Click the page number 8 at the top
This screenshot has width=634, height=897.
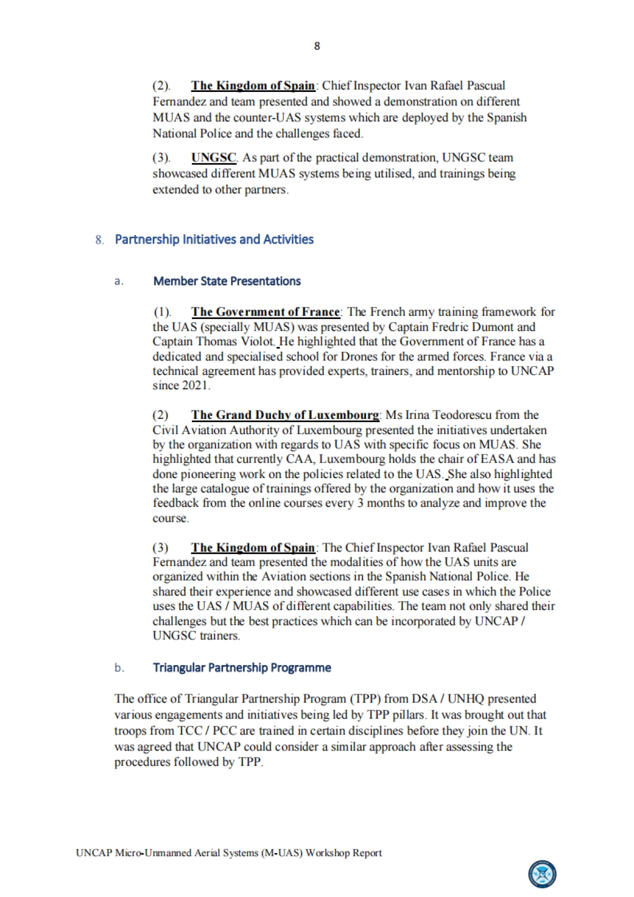[x=317, y=46]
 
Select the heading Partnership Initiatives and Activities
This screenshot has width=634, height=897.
[x=214, y=239]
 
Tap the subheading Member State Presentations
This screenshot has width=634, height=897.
[x=227, y=281]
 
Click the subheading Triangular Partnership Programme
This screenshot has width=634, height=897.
[x=242, y=668]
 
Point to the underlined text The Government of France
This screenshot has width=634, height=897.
[x=266, y=312]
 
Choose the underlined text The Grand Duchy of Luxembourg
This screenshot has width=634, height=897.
[x=285, y=415]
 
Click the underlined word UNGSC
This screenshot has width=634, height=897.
[x=214, y=157]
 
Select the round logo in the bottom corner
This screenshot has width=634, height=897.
[x=542, y=874]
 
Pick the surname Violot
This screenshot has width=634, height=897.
[x=257, y=341]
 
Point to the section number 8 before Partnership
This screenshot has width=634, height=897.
[x=99, y=240]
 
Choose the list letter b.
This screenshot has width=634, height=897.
[x=119, y=668]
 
